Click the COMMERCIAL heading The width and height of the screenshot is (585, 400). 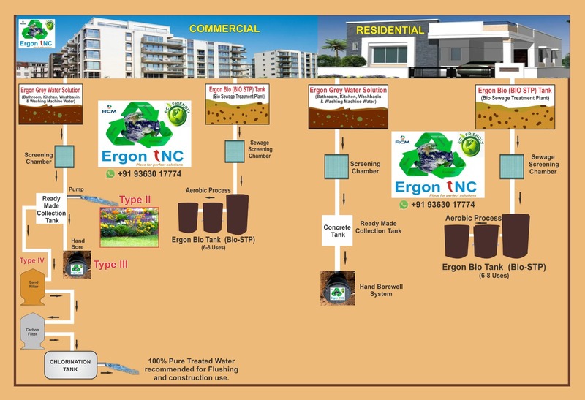pyautogui.click(x=224, y=29)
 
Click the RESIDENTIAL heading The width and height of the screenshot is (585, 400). pyautogui.click(x=390, y=30)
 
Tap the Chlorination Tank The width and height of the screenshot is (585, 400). pyautogui.click(x=70, y=365)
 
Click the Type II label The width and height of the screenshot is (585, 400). pyautogui.click(x=137, y=200)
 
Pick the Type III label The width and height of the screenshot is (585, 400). pyautogui.click(x=110, y=264)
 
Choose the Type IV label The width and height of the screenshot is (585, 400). pyautogui.click(x=32, y=260)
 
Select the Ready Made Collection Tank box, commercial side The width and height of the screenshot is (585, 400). pyautogui.click(x=51, y=208)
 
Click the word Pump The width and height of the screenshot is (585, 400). pyautogui.click(x=76, y=189)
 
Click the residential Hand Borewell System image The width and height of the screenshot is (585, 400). pyautogui.click(x=337, y=287)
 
